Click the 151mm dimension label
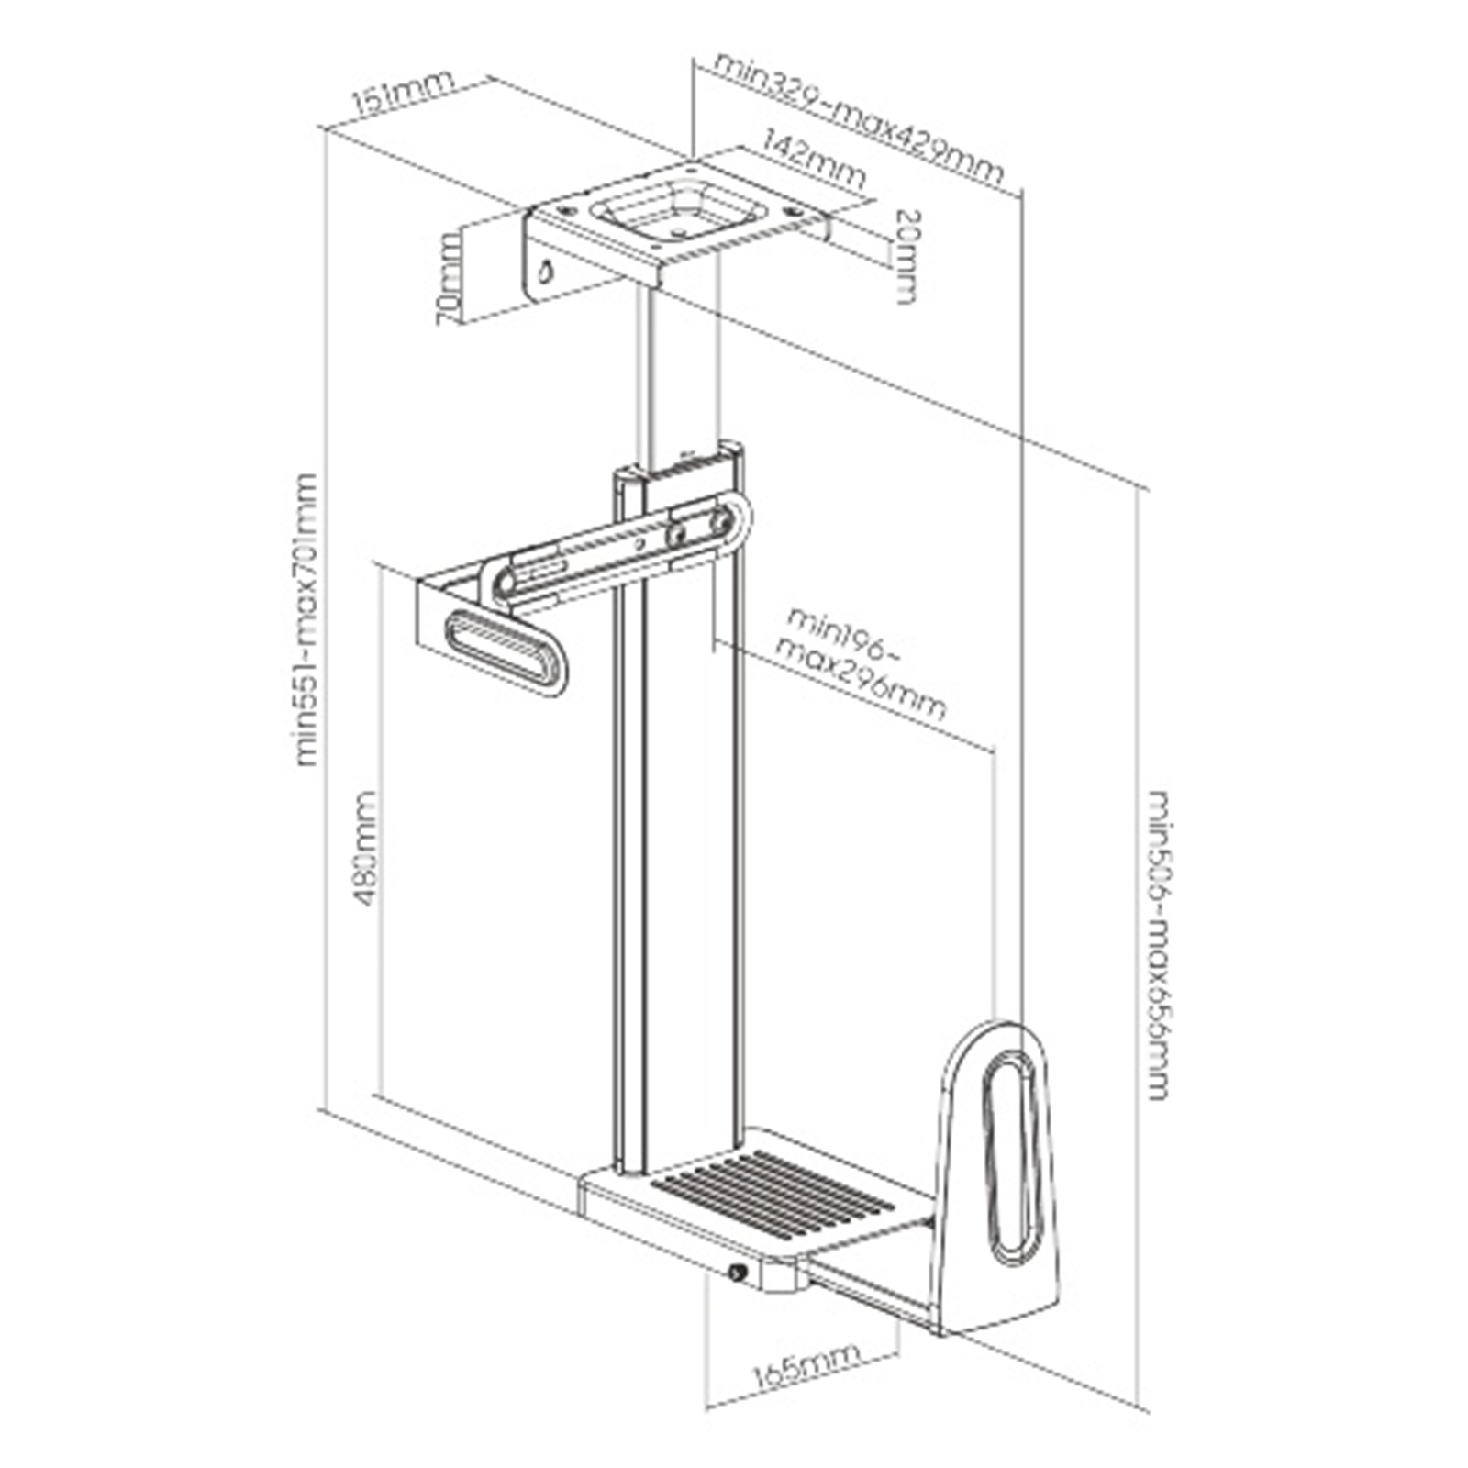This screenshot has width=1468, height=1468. [x=404, y=93]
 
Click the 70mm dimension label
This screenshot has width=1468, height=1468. [x=450, y=279]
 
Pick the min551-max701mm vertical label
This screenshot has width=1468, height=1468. [x=306, y=619]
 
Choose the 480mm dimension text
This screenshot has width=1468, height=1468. [x=365, y=849]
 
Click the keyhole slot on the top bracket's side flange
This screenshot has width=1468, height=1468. [x=545, y=271]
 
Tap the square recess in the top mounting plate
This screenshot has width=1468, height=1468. [x=678, y=208]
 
